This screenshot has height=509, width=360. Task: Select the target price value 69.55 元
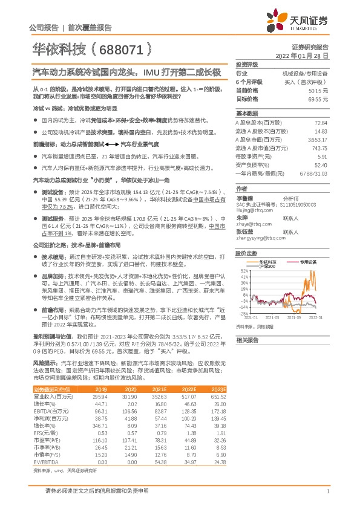[x=318, y=99]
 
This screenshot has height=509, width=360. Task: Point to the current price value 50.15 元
[x=318, y=90]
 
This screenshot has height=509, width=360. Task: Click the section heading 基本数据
[x=247, y=114]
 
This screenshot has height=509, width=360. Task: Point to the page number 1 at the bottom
[x=327, y=492]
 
